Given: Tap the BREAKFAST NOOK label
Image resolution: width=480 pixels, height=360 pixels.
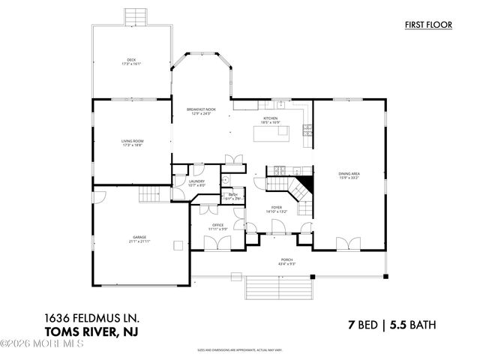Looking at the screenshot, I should (x=201, y=109).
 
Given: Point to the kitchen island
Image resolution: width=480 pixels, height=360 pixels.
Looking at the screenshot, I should (x=271, y=133).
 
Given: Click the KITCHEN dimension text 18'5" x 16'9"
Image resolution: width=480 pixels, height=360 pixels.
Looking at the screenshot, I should (x=270, y=122).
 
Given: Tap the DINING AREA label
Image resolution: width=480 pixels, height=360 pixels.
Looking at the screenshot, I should (x=349, y=174).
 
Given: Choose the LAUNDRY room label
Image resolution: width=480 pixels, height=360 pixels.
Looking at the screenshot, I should (x=196, y=181).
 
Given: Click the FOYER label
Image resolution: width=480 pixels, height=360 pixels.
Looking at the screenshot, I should (x=277, y=208).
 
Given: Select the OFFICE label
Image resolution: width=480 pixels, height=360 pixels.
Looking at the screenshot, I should (x=217, y=224).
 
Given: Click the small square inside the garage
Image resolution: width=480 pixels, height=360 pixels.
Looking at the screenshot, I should (x=178, y=244).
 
